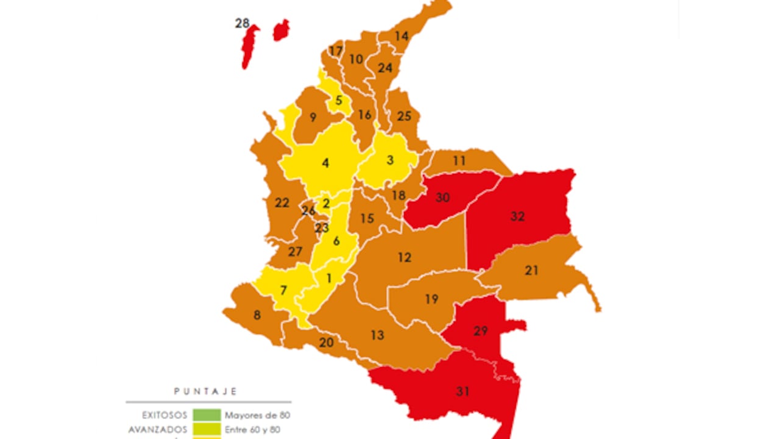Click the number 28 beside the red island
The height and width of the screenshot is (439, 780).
[242, 24]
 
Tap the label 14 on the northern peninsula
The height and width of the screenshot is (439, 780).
[401, 36]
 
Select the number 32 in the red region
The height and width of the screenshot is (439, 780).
[517, 216]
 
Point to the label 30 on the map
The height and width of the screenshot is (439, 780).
[442, 198]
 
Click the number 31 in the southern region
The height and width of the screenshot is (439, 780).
[463, 391]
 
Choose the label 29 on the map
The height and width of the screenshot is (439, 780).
[481, 331]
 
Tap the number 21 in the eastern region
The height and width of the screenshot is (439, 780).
[531, 270]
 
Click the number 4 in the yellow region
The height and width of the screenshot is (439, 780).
[325, 163]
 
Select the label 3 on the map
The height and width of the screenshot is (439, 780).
[391, 160]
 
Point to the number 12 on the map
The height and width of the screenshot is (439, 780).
[405, 257]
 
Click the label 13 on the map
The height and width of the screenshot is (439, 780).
[377, 335]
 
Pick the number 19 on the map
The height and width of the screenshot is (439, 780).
[431, 299]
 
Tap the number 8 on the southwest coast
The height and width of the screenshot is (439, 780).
[257, 315]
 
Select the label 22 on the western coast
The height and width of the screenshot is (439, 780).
[282, 203]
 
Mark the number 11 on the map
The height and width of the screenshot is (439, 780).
[459, 161]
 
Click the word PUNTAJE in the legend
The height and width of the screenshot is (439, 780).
[205, 391]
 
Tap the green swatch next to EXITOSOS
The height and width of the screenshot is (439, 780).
[207, 415]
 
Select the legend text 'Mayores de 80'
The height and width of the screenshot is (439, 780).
[257, 415]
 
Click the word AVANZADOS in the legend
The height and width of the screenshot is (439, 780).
[158, 429]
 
